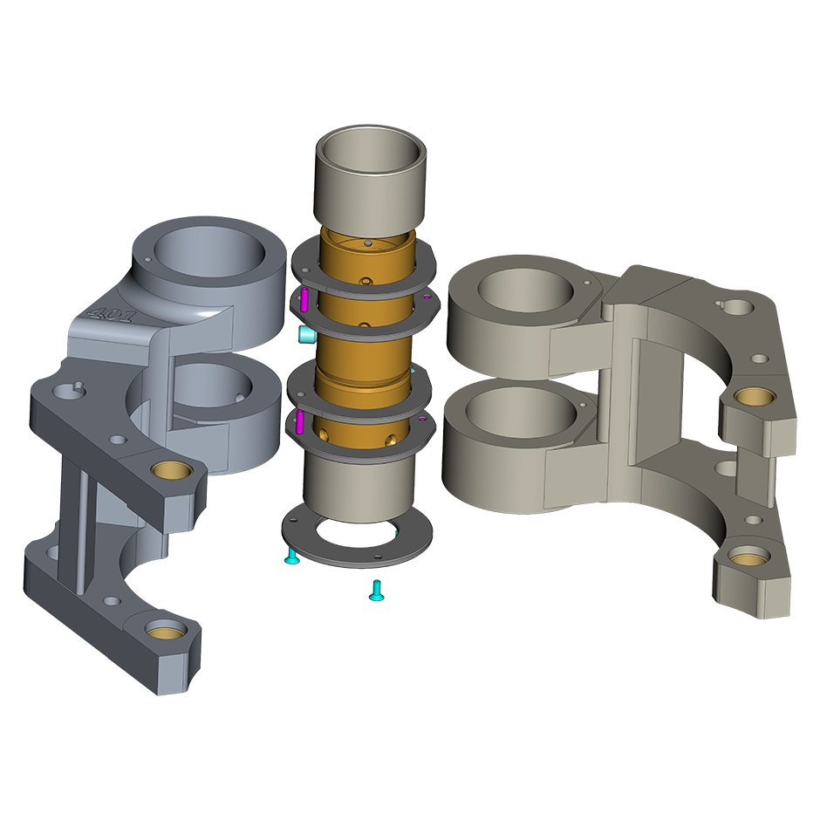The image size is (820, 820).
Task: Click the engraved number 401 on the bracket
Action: pos(112,313)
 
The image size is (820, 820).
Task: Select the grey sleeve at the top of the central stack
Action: pos(370,181)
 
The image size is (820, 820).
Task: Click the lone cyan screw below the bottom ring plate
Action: pos(376,591)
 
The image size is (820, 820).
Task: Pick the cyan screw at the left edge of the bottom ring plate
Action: pos(292,556)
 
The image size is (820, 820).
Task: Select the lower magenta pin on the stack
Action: pos(300,421)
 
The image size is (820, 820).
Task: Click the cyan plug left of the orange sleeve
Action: pos(306,335)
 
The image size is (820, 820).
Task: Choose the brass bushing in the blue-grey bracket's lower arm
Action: pos(167,630)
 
